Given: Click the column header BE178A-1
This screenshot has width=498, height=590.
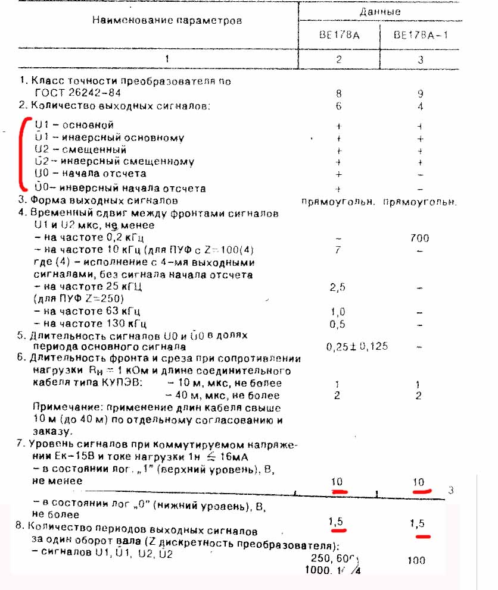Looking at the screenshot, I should [421, 35].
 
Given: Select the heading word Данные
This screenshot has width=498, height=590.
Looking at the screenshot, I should [379, 12].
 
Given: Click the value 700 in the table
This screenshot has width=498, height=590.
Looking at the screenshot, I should [420, 238].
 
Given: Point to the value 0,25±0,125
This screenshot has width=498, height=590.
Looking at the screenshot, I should [357, 347].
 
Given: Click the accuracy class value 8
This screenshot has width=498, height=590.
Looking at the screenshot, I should [338, 93].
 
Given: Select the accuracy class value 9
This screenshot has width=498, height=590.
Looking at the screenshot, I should [421, 93].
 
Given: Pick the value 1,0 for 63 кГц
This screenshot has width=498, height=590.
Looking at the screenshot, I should [338, 312].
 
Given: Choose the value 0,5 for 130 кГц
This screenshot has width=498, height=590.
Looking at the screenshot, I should [338, 324].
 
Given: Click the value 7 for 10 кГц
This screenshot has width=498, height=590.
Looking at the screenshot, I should [338, 250].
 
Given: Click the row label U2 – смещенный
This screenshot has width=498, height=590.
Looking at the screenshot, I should [81, 149].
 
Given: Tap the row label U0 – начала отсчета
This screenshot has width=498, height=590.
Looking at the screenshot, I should [91, 174].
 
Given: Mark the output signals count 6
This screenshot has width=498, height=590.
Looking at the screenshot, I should [338, 106].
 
